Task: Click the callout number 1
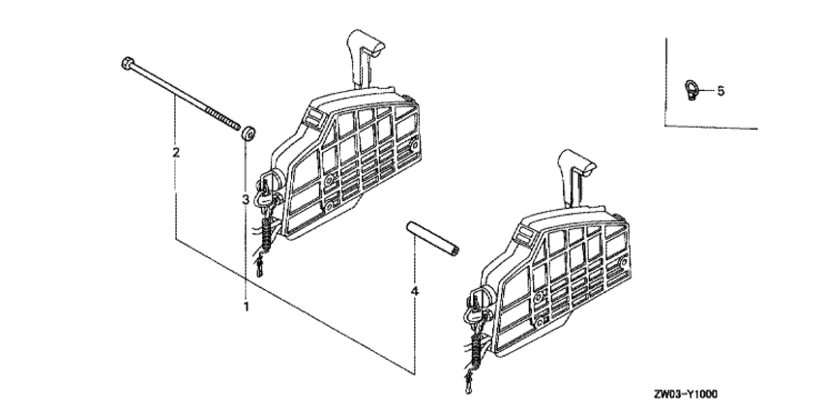(x=246, y=307)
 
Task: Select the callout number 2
(x=176, y=153)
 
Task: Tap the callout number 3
(x=245, y=199)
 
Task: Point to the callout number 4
(x=415, y=291)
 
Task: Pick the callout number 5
(x=720, y=91)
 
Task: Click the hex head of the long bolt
(x=127, y=64)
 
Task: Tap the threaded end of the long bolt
(x=222, y=119)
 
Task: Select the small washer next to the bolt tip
(x=249, y=132)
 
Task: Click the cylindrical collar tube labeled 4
(x=432, y=239)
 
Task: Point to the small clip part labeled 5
(x=690, y=90)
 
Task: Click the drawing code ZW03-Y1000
(x=686, y=394)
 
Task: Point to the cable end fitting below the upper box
(x=259, y=266)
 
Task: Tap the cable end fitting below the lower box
(x=468, y=383)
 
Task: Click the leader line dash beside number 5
(x=707, y=90)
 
